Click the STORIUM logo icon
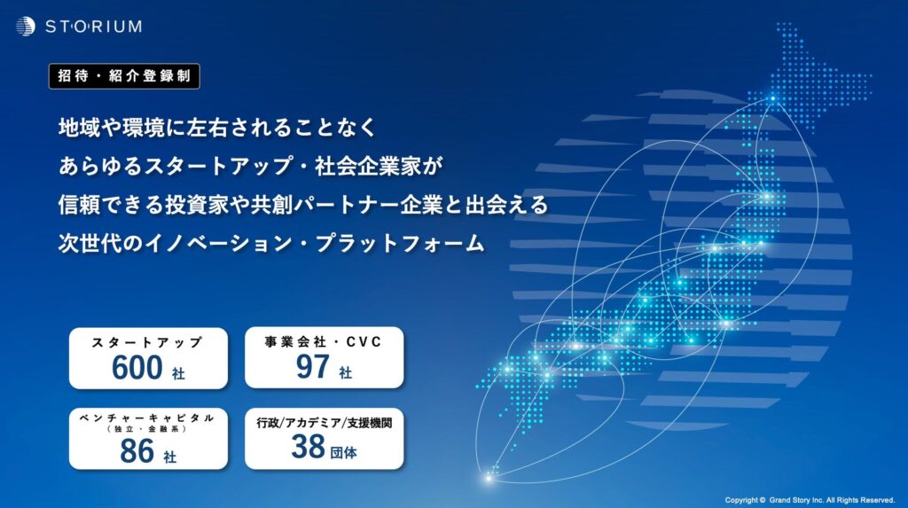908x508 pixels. [26, 26]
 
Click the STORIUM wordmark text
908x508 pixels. [93, 27]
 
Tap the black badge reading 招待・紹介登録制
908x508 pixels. [124, 76]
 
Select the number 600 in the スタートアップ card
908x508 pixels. [137, 367]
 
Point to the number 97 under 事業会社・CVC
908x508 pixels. [313, 366]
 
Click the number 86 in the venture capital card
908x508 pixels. [137, 451]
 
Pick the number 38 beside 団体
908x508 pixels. [308, 447]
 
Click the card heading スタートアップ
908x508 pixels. [147, 342]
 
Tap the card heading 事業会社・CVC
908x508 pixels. [323, 341]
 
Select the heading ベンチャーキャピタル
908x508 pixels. [147, 418]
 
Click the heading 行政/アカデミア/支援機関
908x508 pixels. [325, 423]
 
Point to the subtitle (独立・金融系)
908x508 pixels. [147, 429]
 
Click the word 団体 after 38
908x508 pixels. [343, 452]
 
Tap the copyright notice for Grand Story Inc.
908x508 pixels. [810, 500]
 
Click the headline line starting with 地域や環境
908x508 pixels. [218, 128]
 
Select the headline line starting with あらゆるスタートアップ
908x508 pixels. [250, 167]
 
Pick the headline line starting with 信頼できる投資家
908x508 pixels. [303, 205]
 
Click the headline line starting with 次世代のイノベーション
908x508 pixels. [271, 243]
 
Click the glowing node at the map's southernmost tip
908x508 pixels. [489, 478]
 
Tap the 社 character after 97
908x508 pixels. [345, 372]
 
